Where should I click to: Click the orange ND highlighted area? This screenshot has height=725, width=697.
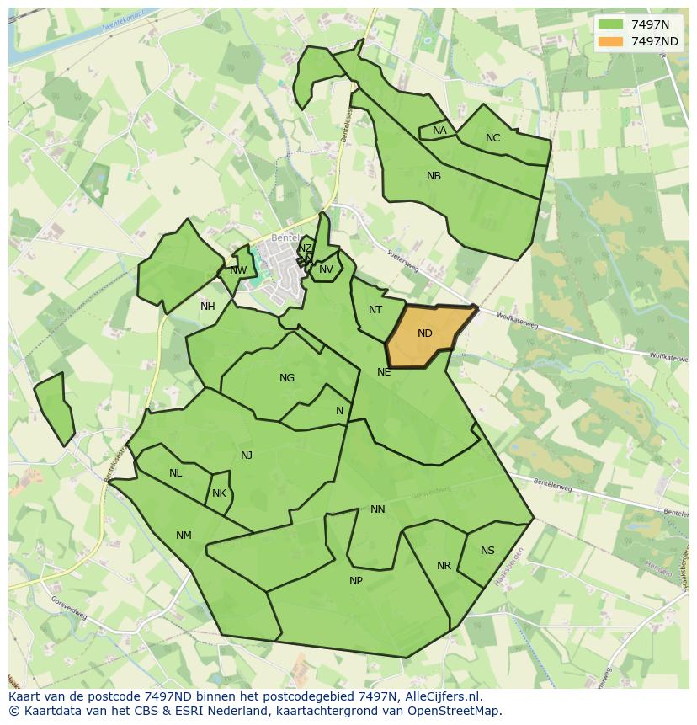pos(425,334)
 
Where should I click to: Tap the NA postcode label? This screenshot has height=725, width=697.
pos(439,131)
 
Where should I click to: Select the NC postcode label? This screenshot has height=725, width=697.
pos(492,138)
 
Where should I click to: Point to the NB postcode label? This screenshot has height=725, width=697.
pos(434,176)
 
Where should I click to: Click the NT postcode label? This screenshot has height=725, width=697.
pos(375,310)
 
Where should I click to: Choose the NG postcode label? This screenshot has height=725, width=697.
pos(287,378)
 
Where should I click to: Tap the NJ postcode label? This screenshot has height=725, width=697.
pos(247,456)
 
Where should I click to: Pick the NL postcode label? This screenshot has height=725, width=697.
pos(175,473)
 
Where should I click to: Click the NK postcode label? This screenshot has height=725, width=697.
pos(219,493)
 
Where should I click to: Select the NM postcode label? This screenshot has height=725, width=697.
pos(184,536)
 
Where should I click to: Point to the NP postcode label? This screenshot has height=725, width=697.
pos(356,581)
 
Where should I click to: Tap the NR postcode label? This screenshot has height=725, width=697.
pos(444,566)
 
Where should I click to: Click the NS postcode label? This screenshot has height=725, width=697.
pos(487,551)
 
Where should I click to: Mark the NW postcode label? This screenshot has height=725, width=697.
pos(238,270)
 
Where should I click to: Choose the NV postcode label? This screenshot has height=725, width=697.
pos(326,269)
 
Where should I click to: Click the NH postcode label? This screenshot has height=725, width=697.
pos(207,307)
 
